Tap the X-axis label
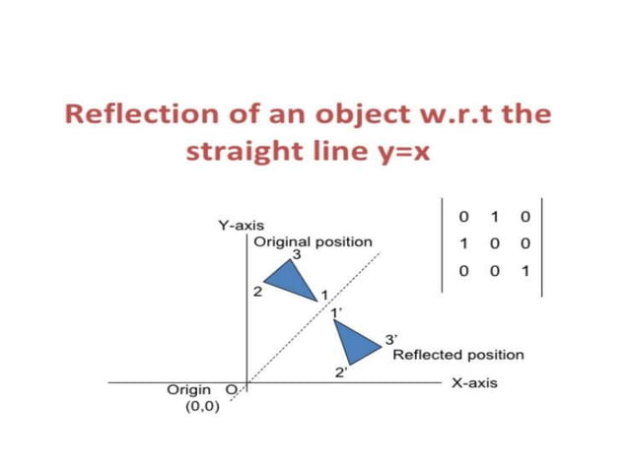(474, 383)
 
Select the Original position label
(314, 241)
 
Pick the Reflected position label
(458, 355)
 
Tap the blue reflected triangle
(355, 340)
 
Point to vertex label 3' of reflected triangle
(389, 339)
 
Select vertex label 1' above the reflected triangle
(336, 312)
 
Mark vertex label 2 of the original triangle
(256, 292)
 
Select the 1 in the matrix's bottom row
(525, 269)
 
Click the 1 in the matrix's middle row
(463, 242)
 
